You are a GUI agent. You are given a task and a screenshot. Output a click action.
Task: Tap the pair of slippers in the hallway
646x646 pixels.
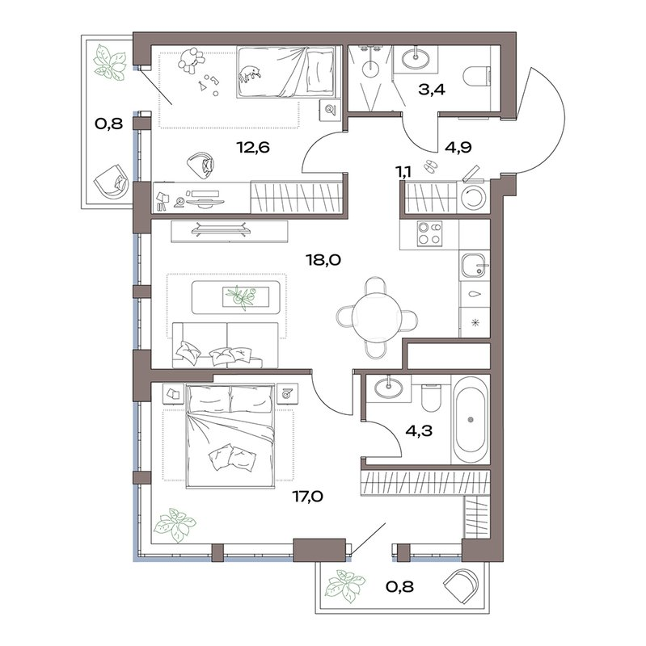(x=430, y=166)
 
